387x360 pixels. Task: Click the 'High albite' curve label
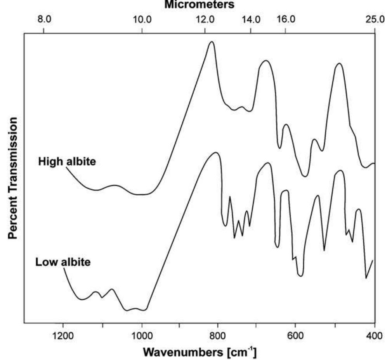click(x=66, y=161)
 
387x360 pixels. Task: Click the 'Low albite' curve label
click(x=63, y=262)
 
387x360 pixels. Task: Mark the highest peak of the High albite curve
click(x=212, y=42)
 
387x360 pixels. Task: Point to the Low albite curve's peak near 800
click(x=216, y=153)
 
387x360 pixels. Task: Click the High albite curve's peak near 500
click(x=339, y=64)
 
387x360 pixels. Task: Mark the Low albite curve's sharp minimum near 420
click(x=366, y=278)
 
